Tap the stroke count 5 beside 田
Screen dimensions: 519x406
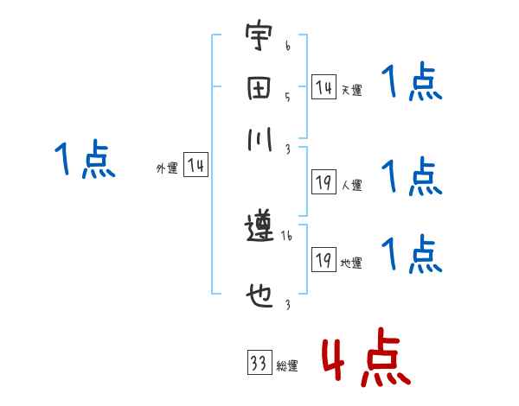point(286,97)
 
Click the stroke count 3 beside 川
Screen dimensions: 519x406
point(286,148)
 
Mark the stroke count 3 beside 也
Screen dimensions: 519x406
point(286,303)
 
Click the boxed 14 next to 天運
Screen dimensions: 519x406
point(324,87)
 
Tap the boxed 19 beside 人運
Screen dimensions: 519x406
point(324,182)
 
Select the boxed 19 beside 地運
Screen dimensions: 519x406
point(324,260)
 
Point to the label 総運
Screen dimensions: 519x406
point(287,366)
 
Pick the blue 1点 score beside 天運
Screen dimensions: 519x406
point(412,84)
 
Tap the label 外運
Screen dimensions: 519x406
point(167,169)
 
